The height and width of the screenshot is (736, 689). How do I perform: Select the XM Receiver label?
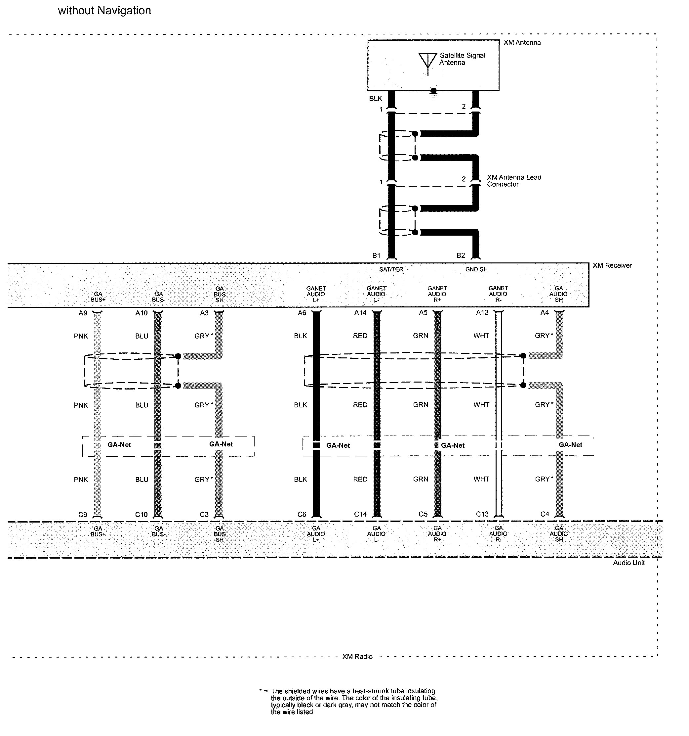[x=612, y=265]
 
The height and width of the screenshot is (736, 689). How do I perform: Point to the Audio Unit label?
[x=629, y=563]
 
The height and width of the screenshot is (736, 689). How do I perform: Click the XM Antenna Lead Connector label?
[x=514, y=181]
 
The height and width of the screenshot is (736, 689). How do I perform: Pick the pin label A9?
[x=83, y=313]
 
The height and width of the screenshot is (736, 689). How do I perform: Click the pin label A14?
[x=360, y=313]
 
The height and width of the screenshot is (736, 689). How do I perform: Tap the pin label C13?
[x=482, y=514]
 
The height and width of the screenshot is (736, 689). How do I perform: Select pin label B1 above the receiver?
[x=376, y=255]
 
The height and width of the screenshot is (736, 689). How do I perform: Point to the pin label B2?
[x=461, y=255]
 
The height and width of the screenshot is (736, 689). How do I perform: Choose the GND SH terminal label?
[x=476, y=269]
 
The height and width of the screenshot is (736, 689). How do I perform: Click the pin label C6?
[x=302, y=514]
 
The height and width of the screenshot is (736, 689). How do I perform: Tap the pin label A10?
[x=141, y=313]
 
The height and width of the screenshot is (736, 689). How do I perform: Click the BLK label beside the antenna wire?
[x=375, y=99]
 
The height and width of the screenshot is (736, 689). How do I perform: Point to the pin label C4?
[x=545, y=514]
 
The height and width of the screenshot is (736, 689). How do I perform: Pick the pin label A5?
[x=423, y=313]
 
